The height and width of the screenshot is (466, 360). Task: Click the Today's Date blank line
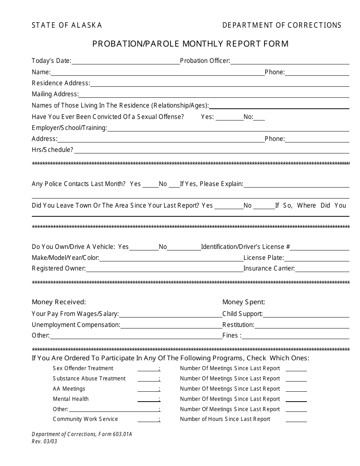[125, 62]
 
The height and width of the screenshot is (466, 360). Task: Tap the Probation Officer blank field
[290, 62]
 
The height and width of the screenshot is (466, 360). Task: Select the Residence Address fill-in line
[220, 84]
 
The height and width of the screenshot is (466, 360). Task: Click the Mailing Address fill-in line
[214, 95]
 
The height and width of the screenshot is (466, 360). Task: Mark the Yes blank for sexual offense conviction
[229, 118]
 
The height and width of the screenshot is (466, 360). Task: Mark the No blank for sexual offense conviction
[259, 118]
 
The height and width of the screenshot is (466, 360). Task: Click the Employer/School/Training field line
[228, 129]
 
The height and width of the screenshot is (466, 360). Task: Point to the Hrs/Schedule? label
[52, 150]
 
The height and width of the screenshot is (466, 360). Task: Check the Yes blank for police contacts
[150, 185]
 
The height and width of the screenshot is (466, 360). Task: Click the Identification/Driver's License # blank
[320, 248]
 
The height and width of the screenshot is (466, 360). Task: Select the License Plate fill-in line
[317, 259]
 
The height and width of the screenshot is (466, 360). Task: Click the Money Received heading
[59, 302]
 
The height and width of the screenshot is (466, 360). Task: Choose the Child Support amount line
[306, 315]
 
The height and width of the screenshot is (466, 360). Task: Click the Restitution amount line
[302, 326]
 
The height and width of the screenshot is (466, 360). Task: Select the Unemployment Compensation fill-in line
[171, 326]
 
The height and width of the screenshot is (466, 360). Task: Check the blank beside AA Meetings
[148, 390]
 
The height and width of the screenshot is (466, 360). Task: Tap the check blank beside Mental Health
[148, 400]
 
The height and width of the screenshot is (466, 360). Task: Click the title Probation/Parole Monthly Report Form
[190, 44]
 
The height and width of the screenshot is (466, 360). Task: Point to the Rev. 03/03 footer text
[44, 441]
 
